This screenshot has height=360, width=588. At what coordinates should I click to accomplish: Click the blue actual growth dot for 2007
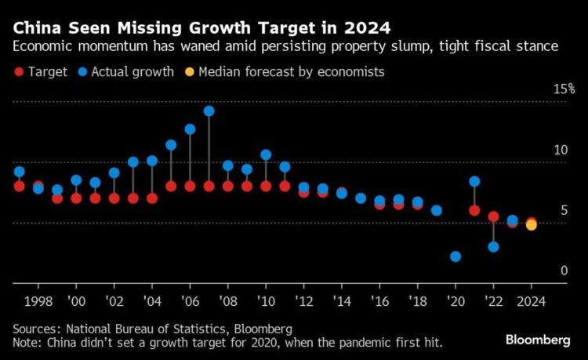pos(209,111)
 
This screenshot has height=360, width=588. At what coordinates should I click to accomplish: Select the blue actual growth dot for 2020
pos(456,256)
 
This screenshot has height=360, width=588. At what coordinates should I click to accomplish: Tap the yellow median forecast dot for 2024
pos(531,225)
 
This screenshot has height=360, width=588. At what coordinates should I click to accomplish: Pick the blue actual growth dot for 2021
pos(474,181)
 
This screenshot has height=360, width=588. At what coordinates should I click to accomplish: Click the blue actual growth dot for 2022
pos(493,246)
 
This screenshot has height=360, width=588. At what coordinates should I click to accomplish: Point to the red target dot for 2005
pos(171,186)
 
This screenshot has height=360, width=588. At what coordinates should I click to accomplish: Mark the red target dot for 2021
pos(474,210)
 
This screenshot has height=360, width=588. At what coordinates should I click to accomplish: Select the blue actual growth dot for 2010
pos(266,155)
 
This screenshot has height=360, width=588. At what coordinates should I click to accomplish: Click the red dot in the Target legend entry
pos(19,73)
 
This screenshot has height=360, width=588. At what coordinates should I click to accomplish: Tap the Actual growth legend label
pos(132,73)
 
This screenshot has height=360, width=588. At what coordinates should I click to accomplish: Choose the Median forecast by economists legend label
pos(292,73)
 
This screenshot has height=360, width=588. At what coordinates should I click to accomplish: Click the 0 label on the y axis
pos(563,271)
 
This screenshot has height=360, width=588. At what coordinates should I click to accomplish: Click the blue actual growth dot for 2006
pos(190,129)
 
